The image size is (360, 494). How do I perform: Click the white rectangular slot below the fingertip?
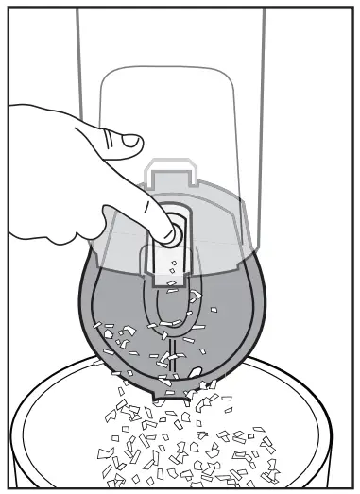click(172, 268)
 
